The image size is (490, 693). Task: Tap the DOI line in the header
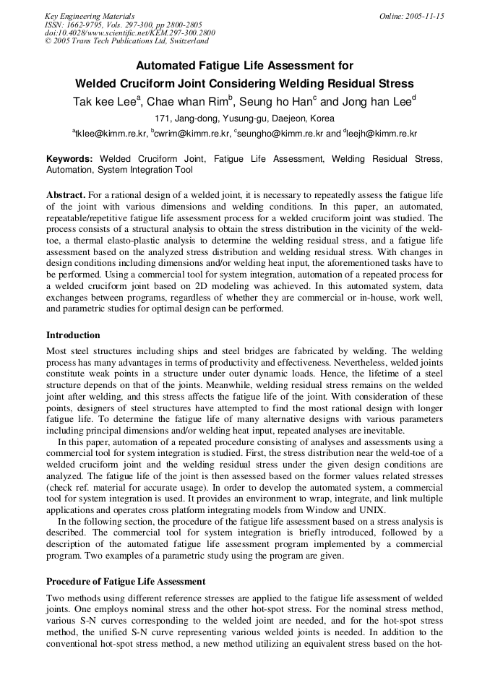129,33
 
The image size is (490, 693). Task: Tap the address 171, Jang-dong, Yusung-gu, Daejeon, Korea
245,119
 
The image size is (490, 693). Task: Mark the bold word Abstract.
66,196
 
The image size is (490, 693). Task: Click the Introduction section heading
73,335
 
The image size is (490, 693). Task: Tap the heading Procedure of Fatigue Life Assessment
126,581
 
